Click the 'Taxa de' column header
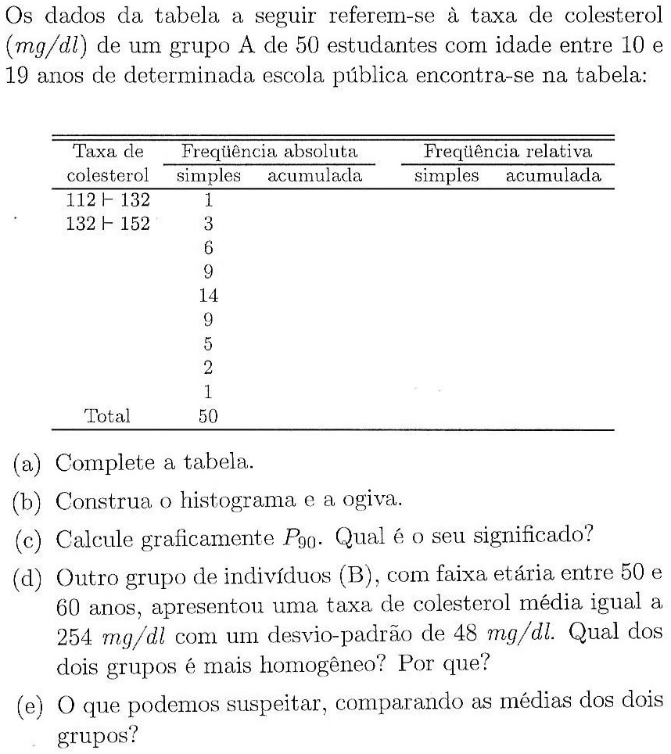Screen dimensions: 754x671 tap(108, 151)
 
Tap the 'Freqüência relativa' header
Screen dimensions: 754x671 tap(508, 151)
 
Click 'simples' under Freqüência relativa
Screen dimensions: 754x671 tap(446, 176)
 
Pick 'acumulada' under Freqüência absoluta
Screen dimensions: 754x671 tap(314, 176)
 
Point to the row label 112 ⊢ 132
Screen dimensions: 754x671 tap(108, 200)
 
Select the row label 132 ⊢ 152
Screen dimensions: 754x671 tap(108, 224)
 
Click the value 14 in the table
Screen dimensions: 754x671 tap(208, 296)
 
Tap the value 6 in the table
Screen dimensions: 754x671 tap(208, 248)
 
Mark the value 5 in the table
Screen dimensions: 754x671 tap(208, 343)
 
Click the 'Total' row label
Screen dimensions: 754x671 tap(107, 416)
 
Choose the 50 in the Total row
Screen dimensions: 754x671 tap(207, 416)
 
